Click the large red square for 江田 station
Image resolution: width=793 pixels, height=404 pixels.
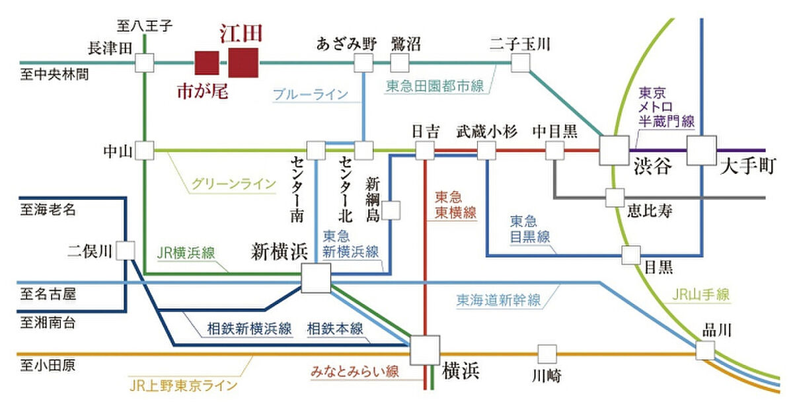click(x=244, y=63)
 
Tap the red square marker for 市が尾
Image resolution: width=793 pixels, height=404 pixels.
click(x=206, y=63)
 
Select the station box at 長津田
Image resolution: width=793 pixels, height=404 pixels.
click(x=144, y=63)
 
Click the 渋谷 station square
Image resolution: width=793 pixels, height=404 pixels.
click(x=614, y=150)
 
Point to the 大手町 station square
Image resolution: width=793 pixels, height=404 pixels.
click(x=701, y=150)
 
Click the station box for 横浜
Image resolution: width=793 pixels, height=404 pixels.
click(x=424, y=349)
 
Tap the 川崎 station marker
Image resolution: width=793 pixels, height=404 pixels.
click(x=547, y=354)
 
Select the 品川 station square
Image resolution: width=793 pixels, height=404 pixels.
click(x=705, y=349)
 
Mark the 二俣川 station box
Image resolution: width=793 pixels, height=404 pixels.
click(x=126, y=251)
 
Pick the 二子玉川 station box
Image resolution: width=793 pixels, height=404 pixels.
click(x=521, y=63)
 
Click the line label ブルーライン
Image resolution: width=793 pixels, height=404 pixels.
click(x=310, y=95)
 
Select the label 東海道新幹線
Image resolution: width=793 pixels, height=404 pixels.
click(x=498, y=300)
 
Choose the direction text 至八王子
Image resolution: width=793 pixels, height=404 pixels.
click(x=145, y=26)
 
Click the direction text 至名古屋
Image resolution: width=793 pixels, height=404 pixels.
click(x=48, y=293)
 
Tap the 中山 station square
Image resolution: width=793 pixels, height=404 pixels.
click(x=144, y=151)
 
